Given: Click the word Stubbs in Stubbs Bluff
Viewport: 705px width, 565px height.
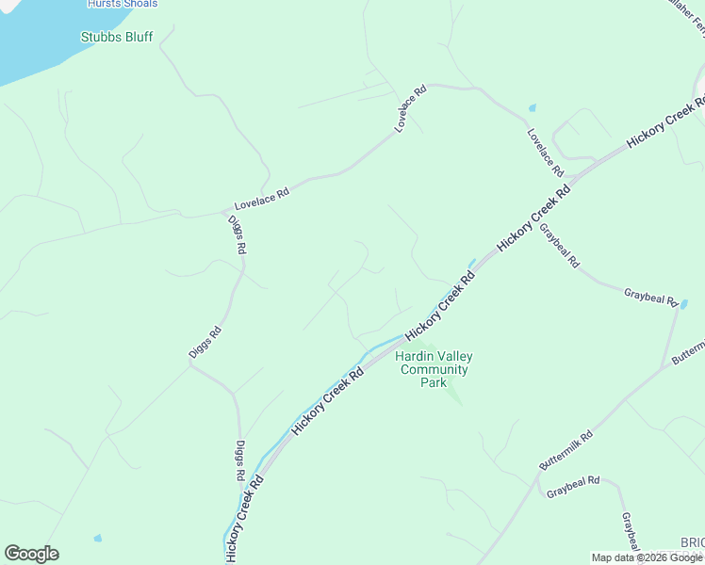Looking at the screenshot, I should [x=100, y=38].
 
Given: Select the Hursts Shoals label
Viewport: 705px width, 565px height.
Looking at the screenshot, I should [x=123, y=4].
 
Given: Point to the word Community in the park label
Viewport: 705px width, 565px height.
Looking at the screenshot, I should [x=434, y=369].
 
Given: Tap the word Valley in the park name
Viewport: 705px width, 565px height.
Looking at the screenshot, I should [x=454, y=356].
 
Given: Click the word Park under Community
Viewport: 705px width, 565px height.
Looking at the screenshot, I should [x=434, y=382].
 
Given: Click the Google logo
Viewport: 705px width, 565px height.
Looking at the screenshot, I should [x=31, y=554].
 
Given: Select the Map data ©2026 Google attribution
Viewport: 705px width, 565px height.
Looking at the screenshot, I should [x=647, y=557].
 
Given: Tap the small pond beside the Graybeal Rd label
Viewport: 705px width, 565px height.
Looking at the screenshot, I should [x=684, y=304].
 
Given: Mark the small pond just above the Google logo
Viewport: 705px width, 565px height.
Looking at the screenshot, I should [x=97, y=538].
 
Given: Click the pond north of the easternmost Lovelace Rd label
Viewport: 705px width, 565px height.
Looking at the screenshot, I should [x=533, y=107].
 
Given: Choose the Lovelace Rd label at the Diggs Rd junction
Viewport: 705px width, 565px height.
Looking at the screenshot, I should [x=261, y=197].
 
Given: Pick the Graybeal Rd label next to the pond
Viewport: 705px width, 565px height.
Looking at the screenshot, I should [x=650, y=297].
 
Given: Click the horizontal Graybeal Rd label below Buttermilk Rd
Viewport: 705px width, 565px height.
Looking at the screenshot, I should [x=573, y=487].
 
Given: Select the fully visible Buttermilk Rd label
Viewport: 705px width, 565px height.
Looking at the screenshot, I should [x=566, y=452].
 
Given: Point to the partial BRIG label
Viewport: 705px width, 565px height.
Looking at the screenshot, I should [x=692, y=543].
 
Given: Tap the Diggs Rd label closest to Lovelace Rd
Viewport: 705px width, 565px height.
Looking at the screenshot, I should [x=237, y=235].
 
